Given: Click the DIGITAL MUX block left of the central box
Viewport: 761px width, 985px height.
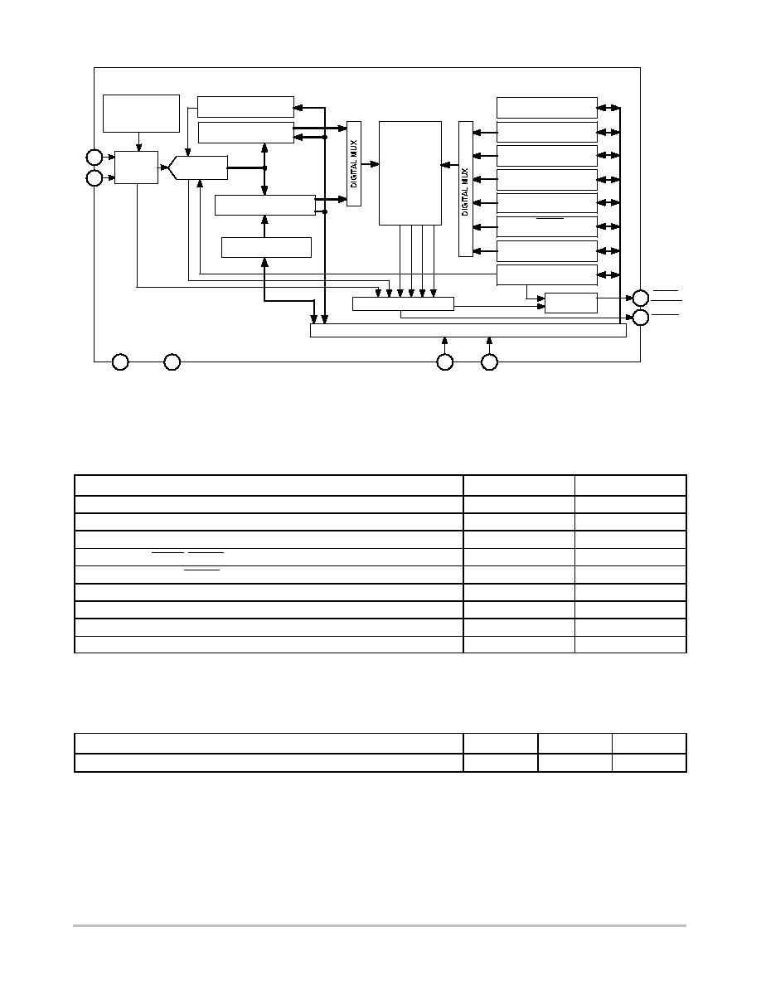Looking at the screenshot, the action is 354,163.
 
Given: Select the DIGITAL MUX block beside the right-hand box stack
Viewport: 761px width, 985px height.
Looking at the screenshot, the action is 466,188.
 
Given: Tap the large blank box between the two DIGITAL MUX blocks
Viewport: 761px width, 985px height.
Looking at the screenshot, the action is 410,172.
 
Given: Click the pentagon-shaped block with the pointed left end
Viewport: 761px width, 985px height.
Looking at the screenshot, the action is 198,167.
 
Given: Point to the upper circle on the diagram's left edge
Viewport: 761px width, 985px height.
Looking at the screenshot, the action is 95,157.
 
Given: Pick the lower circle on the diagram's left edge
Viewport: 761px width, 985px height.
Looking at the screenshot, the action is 95,178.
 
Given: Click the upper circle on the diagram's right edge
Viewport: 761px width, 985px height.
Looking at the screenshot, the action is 641,298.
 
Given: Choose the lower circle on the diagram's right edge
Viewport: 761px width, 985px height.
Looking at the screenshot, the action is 641,318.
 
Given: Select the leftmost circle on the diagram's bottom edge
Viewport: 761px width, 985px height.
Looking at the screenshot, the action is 120,361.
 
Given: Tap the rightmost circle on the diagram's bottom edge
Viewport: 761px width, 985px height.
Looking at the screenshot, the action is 489,361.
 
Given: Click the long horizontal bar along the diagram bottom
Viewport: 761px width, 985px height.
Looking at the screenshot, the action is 468,331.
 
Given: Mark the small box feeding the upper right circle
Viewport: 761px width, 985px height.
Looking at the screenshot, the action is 570,303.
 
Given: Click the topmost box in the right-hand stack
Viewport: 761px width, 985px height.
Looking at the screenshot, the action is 547,108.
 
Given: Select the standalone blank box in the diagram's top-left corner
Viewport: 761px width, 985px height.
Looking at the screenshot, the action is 141,114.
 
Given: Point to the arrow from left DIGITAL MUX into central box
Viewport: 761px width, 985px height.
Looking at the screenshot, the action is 371,164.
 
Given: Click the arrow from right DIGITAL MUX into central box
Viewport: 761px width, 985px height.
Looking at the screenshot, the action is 450,165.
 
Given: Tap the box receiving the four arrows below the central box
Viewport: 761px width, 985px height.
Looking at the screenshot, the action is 403,303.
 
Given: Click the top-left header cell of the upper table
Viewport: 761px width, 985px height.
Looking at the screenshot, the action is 269,486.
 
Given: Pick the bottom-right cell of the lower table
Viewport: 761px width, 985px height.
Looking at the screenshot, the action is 649,763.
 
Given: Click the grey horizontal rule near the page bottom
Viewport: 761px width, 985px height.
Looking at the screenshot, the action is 379,925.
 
